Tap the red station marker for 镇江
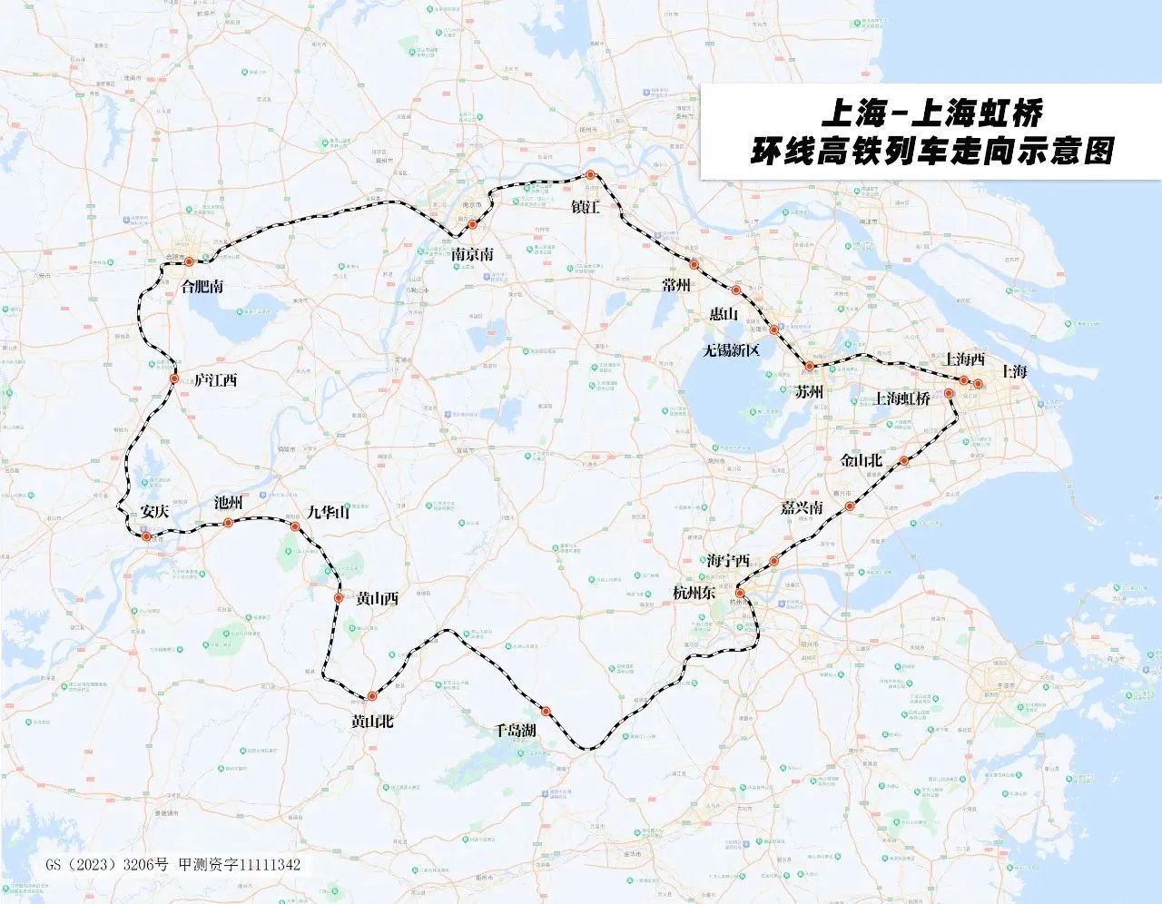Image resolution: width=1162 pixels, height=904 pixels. (590, 175)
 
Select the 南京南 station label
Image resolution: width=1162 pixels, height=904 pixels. (473, 256)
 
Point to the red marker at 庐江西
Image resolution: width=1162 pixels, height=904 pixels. (174, 378)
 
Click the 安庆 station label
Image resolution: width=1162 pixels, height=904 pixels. (155, 511)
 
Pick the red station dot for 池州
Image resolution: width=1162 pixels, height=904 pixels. (229, 523)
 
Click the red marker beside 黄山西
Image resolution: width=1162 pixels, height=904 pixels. (338, 598)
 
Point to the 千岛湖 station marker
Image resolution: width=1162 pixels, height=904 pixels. (546, 711)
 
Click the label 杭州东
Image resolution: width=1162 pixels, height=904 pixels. (694, 593)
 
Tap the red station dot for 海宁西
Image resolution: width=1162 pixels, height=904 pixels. (773, 562)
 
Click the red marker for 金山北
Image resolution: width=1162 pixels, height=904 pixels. (904, 461)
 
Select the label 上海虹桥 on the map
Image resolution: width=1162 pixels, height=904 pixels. (901, 398)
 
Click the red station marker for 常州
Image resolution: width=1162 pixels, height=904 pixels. (694, 265)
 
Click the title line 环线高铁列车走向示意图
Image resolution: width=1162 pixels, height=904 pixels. (931, 150)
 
